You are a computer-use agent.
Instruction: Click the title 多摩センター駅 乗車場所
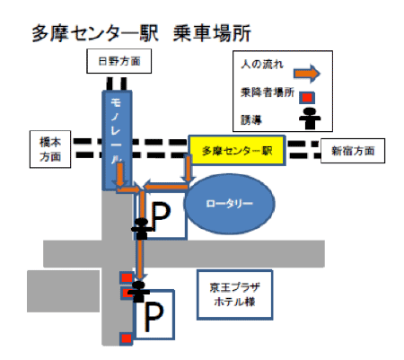[x=141, y=33]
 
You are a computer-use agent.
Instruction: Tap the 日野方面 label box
[x=119, y=61]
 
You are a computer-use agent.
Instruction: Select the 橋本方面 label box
[x=50, y=149]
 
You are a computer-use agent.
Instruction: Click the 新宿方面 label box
[x=353, y=151]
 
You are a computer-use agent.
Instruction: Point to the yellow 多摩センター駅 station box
[x=237, y=150]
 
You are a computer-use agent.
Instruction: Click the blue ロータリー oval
[x=229, y=204]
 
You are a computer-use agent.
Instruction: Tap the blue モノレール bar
[x=117, y=140]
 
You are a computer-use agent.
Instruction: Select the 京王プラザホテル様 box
[x=234, y=294]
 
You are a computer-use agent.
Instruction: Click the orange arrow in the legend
[x=307, y=74]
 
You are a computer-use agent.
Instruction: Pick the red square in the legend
[x=307, y=98]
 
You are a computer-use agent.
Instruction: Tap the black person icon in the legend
[x=310, y=119]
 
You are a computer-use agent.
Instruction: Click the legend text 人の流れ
[x=262, y=64]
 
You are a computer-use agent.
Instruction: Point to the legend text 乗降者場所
[x=268, y=92]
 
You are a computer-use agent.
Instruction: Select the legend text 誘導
[x=251, y=120]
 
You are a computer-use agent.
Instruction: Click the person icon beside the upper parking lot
[x=142, y=229]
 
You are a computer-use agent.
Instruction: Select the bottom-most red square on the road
[x=127, y=338]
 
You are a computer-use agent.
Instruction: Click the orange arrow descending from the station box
[x=188, y=168]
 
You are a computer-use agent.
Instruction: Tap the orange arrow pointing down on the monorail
[x=119, y=174]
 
